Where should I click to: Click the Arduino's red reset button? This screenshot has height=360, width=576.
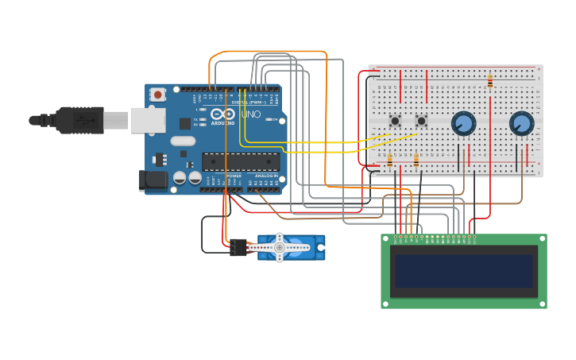pyautogui.click(x=158, y=95)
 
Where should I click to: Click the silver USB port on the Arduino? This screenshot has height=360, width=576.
pyautogui.click(x=148, y=120)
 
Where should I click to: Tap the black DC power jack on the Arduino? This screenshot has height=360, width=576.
pyautogui.click(x=153, y=180)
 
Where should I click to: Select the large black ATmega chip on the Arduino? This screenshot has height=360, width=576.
pyautogui.click(x=239, y=161)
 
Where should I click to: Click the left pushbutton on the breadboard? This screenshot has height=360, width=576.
pyautogui.click(x=395, y=121)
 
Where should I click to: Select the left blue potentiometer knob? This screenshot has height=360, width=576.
pyautogui.click(x=463, y=123)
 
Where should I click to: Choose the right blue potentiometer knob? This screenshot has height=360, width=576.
pyautogui.click(x=521, y=123)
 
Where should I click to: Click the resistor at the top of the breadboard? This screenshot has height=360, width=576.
pyautogui.click(x=489, y=81)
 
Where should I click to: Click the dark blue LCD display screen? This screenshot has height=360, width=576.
pyautogui.click(x=464, y=271)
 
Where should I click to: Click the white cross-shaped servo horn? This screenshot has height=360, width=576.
pyautogui.click(x=279, y=247)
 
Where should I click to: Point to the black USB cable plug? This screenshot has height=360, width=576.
pyautogui.click(x=79, y=120)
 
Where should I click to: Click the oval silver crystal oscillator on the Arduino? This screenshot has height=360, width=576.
pyautogui.click(x=182, y=141)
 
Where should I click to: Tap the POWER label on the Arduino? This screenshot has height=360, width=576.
pyautogui.click(x=234, y=176)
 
